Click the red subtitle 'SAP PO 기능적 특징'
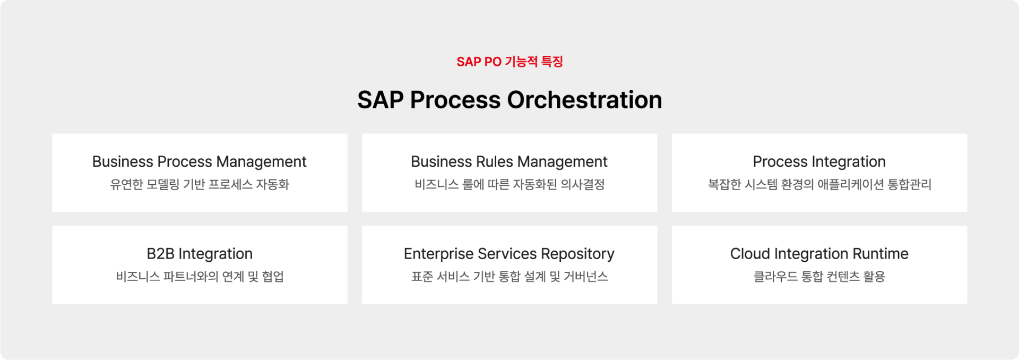point(509,62)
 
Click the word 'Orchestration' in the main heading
point(584,100)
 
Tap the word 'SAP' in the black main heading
point(380,100)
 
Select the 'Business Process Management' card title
point(200,162)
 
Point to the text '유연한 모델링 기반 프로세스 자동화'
point(200,184)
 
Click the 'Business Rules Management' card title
point(509,162)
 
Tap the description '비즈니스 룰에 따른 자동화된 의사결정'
point(509,184)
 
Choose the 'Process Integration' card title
point(819,162)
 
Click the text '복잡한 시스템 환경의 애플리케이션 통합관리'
point(819,184)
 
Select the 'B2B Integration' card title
point(200,254)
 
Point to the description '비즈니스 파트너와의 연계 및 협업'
point(200,276)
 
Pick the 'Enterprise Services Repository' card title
point(509,254)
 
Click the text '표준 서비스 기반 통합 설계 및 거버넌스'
point(509,276)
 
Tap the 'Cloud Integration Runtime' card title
point(819,254)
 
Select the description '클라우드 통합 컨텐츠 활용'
point(819,276)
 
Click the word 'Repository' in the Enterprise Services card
point(577,254)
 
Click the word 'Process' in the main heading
point(455,100)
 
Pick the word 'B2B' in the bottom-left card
point(160,254)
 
